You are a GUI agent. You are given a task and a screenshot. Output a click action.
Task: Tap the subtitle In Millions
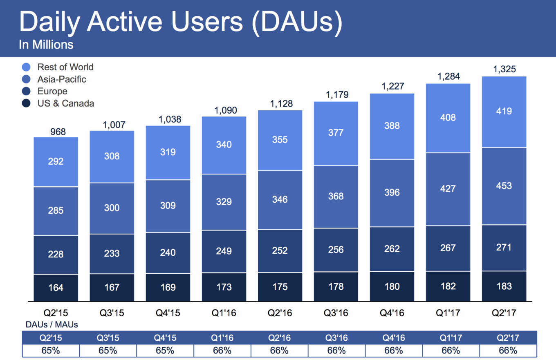[46, 45]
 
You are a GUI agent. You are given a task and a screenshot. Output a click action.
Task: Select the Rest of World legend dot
[26, 67]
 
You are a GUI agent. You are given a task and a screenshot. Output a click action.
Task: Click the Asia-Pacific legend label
[62, 79]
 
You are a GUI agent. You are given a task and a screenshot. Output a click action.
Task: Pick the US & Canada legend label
[65, 103]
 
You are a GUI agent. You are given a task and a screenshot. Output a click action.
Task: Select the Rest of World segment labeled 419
[504, 111]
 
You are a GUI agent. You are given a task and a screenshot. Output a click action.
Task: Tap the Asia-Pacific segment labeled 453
[504, 186]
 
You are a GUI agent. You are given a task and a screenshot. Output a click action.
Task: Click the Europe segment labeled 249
[224, 251]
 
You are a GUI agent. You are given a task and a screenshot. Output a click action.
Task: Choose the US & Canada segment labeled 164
[56, 288]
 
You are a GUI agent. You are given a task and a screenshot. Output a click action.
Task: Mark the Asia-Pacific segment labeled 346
[280, 199]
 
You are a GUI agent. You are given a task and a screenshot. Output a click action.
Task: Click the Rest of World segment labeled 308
[112, 156]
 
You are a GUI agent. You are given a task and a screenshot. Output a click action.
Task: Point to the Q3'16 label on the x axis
[336, 314]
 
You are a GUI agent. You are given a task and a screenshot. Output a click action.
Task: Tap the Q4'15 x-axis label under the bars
[168, 314]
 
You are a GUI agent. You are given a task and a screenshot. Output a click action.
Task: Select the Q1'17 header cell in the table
[448, 338]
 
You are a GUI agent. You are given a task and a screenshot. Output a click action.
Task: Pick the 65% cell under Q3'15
[108, 351]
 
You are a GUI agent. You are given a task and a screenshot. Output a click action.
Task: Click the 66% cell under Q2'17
[508, 351]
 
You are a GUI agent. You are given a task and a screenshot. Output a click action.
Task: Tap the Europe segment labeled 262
[392, 249]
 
